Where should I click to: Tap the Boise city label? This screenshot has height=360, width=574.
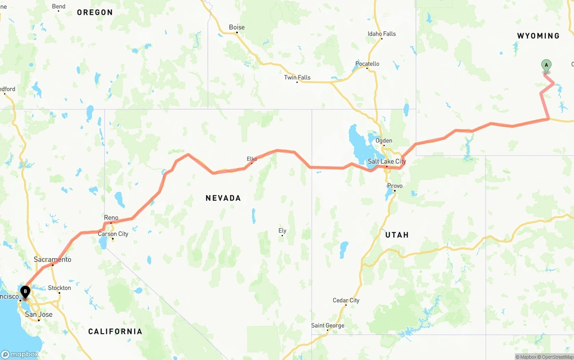coord(237,27)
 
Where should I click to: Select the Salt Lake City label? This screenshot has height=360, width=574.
coord(387,161)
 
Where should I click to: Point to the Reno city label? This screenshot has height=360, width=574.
coord(111,218)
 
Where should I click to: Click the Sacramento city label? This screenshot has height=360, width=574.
coord(52,260)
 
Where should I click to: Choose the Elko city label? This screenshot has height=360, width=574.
coord(252,159)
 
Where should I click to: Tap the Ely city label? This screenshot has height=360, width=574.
coord(282,231)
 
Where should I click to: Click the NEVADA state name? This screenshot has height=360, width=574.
coord(223,198)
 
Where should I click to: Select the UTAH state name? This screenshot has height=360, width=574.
coord(397,235)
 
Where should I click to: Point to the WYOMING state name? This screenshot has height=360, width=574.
coord(538,36)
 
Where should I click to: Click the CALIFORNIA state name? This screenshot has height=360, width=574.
coord(115,332)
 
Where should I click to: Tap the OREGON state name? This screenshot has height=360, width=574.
coord(95,13)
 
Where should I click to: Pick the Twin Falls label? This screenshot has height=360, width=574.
coord(297,78)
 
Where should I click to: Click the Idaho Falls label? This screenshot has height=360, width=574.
coord(382,34)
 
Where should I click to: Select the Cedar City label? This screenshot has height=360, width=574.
coord(346,300)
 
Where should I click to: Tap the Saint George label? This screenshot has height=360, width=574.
coord(328,325)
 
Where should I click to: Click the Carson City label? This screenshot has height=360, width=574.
coord(113,234)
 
